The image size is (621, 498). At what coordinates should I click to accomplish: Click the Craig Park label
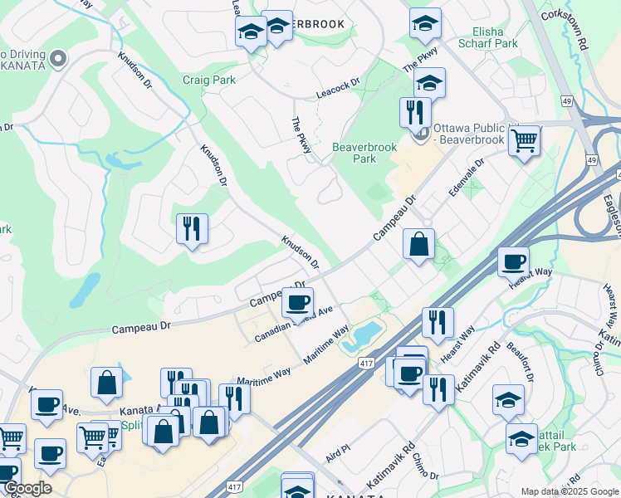point(209,81)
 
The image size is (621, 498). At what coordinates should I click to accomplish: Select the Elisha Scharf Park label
point(488,37)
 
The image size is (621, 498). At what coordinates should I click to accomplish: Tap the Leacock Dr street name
point(338,89)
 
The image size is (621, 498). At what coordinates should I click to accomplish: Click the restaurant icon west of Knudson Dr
point(192,227)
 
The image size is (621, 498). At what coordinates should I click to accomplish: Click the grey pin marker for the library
point(422,133)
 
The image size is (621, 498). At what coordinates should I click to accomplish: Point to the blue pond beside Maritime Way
point(366,334)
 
